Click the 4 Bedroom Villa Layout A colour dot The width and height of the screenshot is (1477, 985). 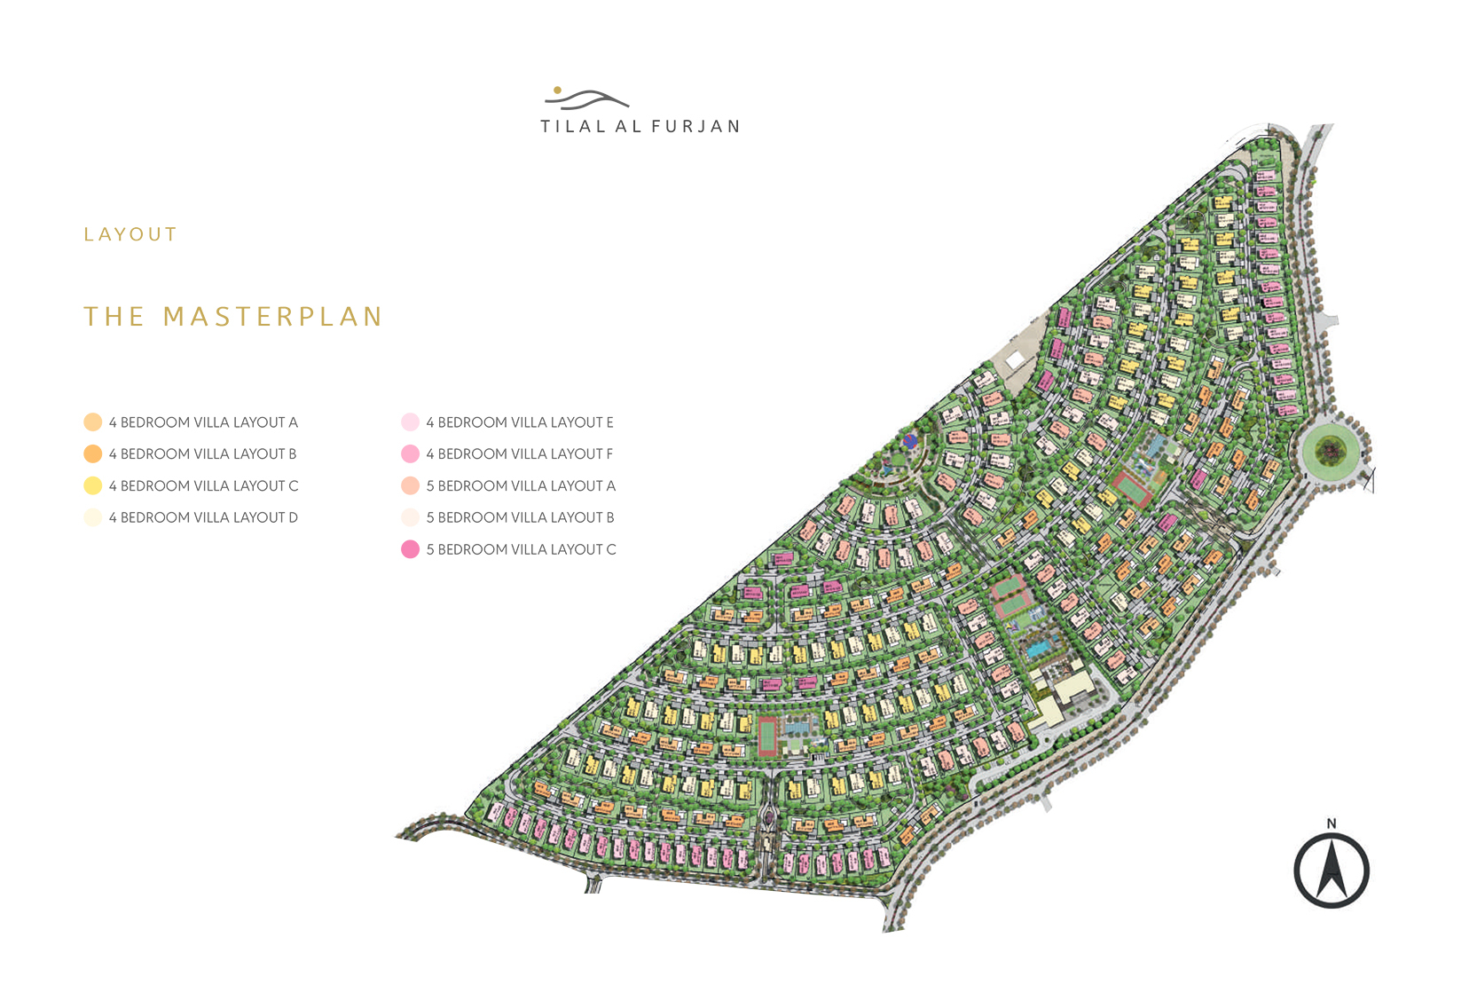click(92, 422)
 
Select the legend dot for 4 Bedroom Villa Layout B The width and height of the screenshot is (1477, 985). click(92, 454)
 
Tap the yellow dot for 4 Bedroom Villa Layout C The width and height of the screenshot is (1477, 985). click(92, 486)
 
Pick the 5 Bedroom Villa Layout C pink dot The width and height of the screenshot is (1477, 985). click(410, 550)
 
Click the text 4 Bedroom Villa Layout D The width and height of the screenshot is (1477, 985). click(203, 518)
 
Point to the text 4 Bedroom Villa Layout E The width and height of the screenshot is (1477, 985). click(520, 422)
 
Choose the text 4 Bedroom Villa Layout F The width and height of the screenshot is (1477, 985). click(520, 454)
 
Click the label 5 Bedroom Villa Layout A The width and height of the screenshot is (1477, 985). click(521, 486)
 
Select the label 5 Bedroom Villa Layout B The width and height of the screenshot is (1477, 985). click(521, 518)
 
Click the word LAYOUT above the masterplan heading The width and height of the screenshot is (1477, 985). click(130, 235)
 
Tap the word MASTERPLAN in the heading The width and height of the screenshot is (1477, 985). click(273, 317)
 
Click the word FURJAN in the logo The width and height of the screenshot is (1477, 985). click(695, 127)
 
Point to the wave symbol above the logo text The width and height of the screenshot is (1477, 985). click(590, 99)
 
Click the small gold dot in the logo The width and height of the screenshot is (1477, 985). click(557, 90)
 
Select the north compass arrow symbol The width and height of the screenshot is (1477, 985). click(1331, 871)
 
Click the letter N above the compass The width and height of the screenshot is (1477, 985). click(1331, 823)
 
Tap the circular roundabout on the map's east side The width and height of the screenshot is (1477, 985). click(1331, 452)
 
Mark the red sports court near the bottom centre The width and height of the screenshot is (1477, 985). click(767, 737)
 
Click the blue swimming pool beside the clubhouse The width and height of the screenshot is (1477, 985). click(1036, 649)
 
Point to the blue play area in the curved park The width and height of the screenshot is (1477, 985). click(909, 440)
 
